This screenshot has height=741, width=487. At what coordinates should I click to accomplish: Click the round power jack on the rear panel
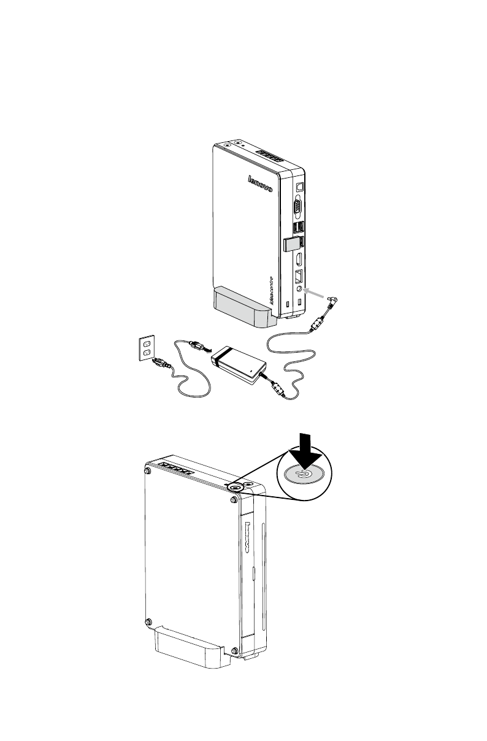click(x=299, y=288)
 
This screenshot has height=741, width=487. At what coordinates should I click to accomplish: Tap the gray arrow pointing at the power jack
click(x=318, y=295)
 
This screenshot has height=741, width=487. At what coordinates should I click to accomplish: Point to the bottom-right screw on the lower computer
click(x=236, y=651)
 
